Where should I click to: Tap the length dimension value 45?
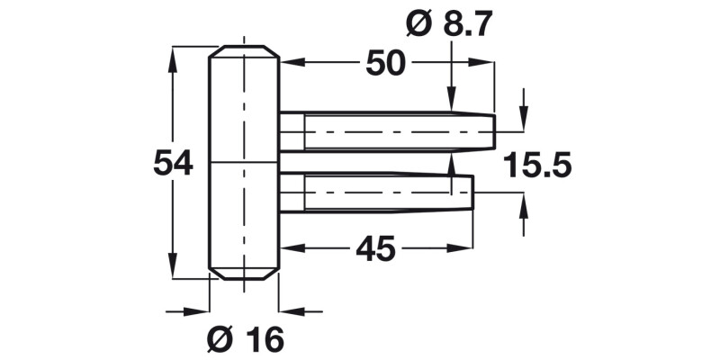(374, 249)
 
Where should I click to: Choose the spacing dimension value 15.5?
(537, 166)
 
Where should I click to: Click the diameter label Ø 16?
(245, 339)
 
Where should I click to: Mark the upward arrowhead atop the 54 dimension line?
(171, 56)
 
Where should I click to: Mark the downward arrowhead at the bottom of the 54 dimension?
(171, 272)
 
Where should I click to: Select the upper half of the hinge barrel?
(244, 108)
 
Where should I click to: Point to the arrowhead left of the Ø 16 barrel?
(200, 311)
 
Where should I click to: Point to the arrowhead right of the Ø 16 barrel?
(289, 311)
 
